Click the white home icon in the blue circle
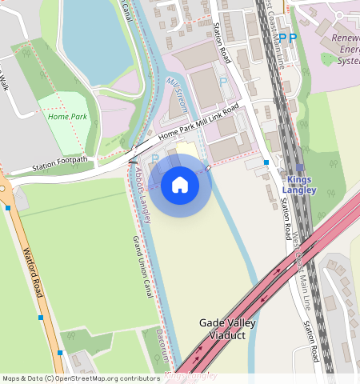pos(180,186)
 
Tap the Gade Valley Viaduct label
pos(227,329)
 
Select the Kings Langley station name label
pos(301,185)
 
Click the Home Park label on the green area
pos(67,117)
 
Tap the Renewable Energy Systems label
pos(346,49)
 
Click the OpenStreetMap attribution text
pos(80,378)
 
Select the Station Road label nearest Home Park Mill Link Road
pos(222,43)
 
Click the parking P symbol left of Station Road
pos(223,82)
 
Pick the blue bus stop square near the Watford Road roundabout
pos(8,208)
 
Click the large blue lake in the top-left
pos(96,40)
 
